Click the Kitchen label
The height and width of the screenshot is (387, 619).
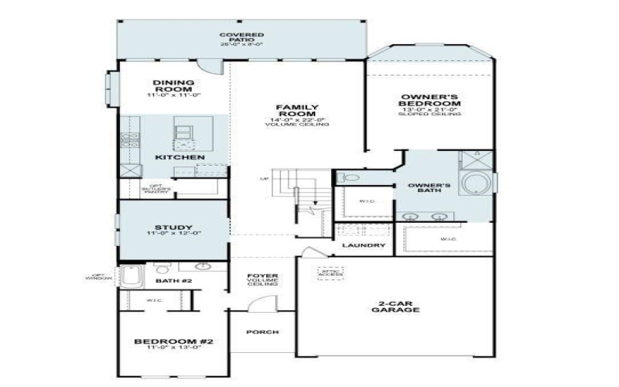(180, 158)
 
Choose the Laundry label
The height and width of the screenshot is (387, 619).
(364, 246)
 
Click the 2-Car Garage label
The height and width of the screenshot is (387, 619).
(400, 307)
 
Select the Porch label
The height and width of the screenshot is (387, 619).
(262, 333)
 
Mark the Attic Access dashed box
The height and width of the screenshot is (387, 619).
(330, 273)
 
